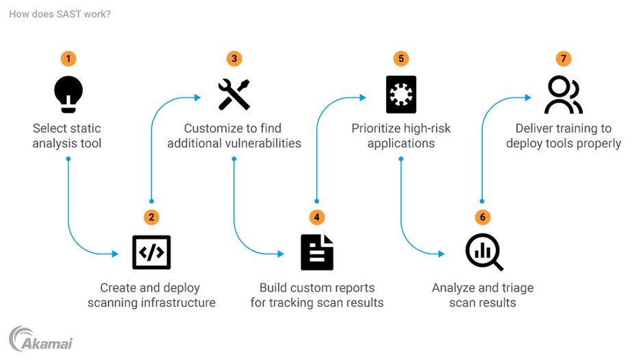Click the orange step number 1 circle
click(68, 58)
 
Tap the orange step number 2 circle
click(151, 217)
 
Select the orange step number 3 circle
click(234, 58)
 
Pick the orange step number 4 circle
click(316, 217)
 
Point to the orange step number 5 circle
click(401, 58)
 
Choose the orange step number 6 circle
click(482, 217)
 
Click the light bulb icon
click(68, 94)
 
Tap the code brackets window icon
click(151, 253)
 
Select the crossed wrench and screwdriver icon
click(234, 94)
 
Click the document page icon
click(316, 253)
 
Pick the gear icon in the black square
click(401, 94)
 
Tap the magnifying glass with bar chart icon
click(483, 253)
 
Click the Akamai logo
click(40, 339)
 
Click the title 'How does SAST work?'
click(60, 14)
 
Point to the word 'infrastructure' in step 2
click(179, 303)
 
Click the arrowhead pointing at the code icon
click(116, 253)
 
